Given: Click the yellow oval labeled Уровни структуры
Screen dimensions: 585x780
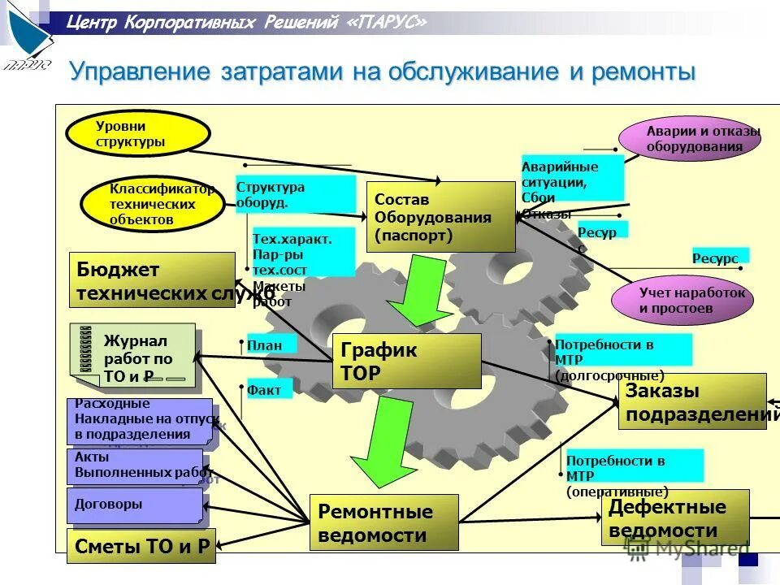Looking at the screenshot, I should (x=138, y=134).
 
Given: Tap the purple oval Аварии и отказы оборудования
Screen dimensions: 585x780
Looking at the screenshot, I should (x=690, y=139).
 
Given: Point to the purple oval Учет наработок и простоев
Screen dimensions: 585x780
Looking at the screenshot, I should (x=682, y=301).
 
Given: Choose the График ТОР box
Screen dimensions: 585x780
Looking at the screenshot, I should (x=406, y=361).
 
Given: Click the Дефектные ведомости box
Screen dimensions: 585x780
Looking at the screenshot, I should (x=674, y=518).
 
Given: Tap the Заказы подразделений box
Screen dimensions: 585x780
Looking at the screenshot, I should (x=692, y=401).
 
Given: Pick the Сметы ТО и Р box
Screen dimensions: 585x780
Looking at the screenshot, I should (x=141, y=546).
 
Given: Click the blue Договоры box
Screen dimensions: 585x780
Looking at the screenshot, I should (x=133, y=505).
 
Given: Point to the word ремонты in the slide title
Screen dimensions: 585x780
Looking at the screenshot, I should (x=643, y=71).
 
